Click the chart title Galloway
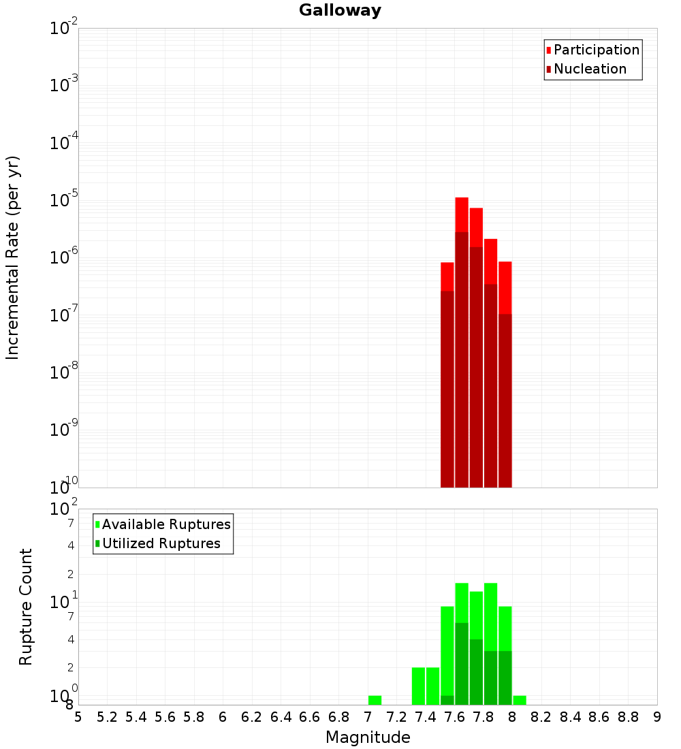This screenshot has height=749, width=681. click(x=340, y=10)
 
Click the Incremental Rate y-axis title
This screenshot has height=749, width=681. click(x=13, y=257)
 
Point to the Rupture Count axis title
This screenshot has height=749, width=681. click(x=26, y=607)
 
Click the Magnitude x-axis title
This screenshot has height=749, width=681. click(x=368, y=737)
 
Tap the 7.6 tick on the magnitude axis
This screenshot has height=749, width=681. click(x=454, y=717)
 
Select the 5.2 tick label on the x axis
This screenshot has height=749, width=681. click(x=107, y=717)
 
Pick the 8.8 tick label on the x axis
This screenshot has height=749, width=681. click(x=628, y=717)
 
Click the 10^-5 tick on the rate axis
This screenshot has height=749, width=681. click(x=64, y=200)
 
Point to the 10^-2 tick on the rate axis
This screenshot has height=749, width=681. click(x=64, y=29)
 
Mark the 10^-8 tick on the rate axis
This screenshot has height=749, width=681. click(x=64, y=372)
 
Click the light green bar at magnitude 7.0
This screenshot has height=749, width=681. click(x=375, y=700)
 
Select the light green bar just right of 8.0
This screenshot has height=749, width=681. click(x=520, y=700)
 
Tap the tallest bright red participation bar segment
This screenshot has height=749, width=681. click(x=462, y=214)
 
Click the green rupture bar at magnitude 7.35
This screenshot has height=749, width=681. click(x=418, y=686)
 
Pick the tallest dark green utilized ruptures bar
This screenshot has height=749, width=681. click(x=462, y=663)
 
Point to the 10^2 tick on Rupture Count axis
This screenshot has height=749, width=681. click(x=64, y=509)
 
